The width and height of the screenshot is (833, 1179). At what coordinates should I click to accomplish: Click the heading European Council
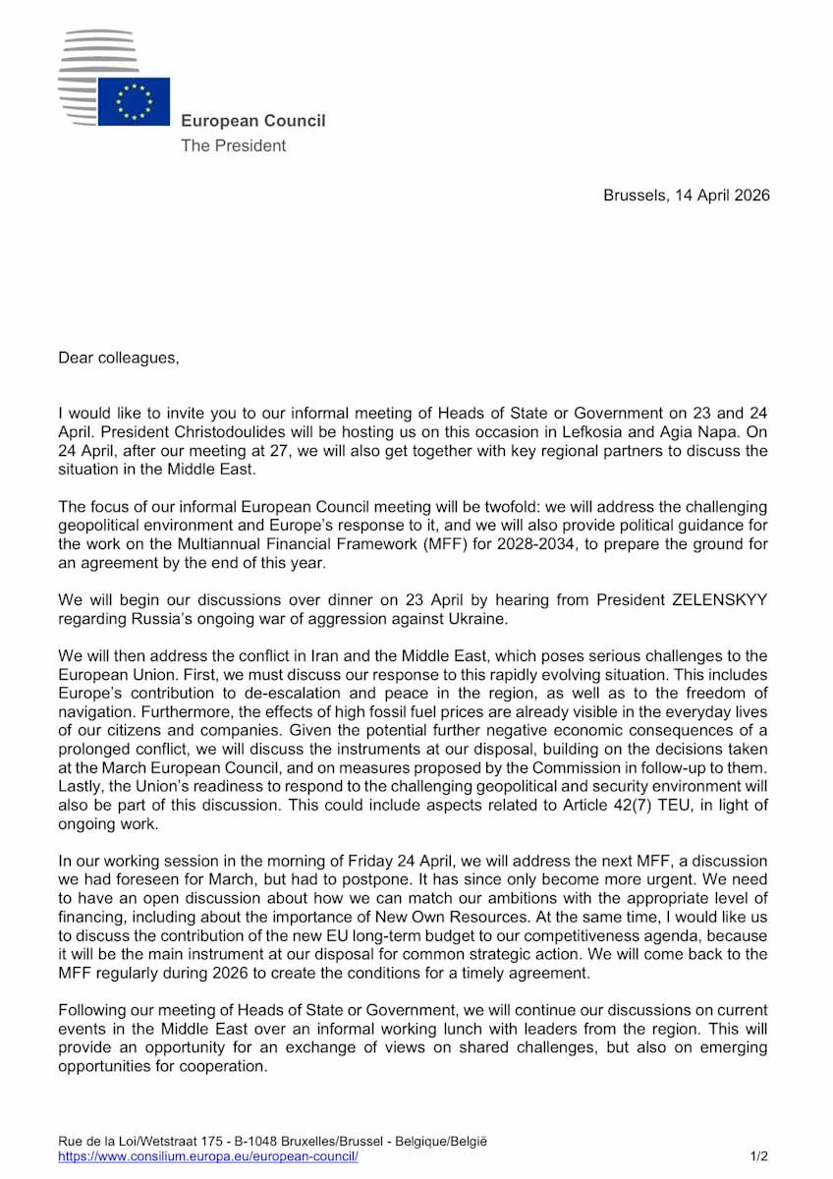(x=252, y=121)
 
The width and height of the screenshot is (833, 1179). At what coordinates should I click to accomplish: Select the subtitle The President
(x=233, y=145)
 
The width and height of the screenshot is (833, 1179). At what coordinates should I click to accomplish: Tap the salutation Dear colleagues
(x=119, y=358)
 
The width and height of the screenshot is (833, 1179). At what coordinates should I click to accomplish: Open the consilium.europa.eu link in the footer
(x=208, y=1156)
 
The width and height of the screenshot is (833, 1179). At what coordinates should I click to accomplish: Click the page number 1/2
(x=759, y=1156)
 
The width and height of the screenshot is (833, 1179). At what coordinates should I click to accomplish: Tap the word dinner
(x=322, y=599)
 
